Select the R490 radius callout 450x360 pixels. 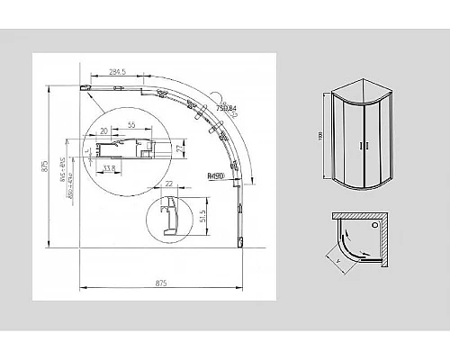click(214, 177)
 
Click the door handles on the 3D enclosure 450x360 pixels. click(363, 144)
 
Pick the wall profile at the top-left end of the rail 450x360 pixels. click(86, 88)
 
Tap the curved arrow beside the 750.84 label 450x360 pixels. click(216, 96)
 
